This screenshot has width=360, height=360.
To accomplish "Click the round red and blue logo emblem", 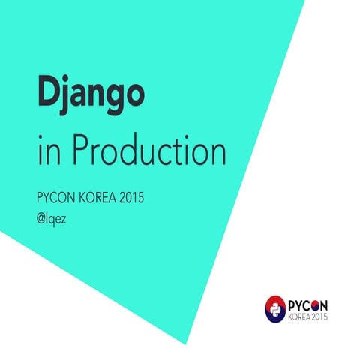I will point(275,307).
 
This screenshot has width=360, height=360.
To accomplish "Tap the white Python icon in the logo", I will point(275,307).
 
